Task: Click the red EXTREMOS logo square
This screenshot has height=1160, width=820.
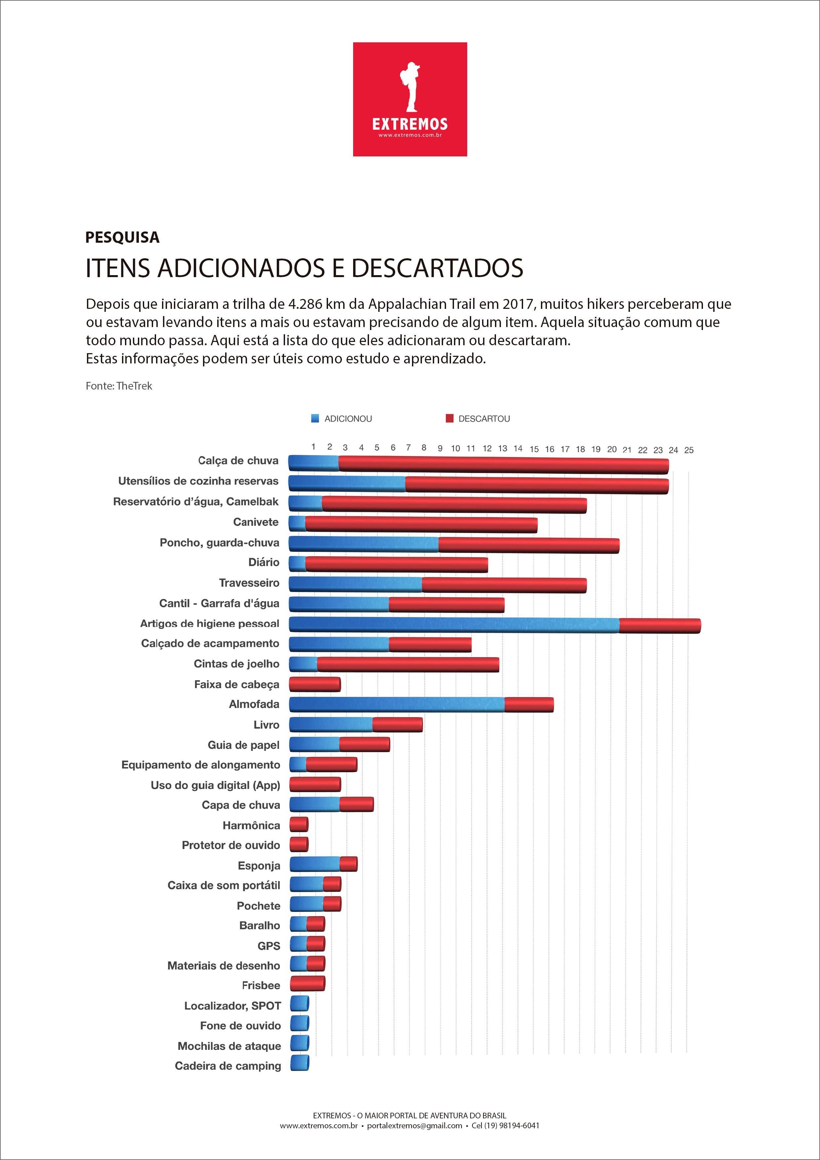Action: pyautogui.click(x=410, y=99)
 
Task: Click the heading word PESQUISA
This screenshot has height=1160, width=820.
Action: pyautogui.click(x=122, y=237)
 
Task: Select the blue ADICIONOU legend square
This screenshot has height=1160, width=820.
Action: pyautogui.click(x=315, y=418)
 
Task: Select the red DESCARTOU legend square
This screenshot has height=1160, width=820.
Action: pyautogui.click(x=449, y=418)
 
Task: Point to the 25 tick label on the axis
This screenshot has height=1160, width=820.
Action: pyautogui.click(x=689, y=450)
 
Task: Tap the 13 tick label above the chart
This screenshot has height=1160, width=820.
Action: pyautogui.click(x=502, y=449)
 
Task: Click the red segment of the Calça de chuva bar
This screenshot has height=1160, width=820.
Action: pyautogui.click(x=504, y=465)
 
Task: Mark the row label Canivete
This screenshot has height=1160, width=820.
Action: pyautogui.click(x=256, y=522)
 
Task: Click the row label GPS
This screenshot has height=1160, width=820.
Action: pyautogui.click(x=269, y=946)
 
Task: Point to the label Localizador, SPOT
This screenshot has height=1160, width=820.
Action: pyautogui.click(x=232, y=1006)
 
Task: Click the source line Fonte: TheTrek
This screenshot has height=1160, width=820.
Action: pyautogui.click(x=119, y=386)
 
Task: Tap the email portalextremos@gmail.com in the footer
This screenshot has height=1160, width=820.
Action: pyautogui.click(x=414, y=1126)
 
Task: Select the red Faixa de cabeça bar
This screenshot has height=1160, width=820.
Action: pyautogui.click(x=315, y=684)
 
